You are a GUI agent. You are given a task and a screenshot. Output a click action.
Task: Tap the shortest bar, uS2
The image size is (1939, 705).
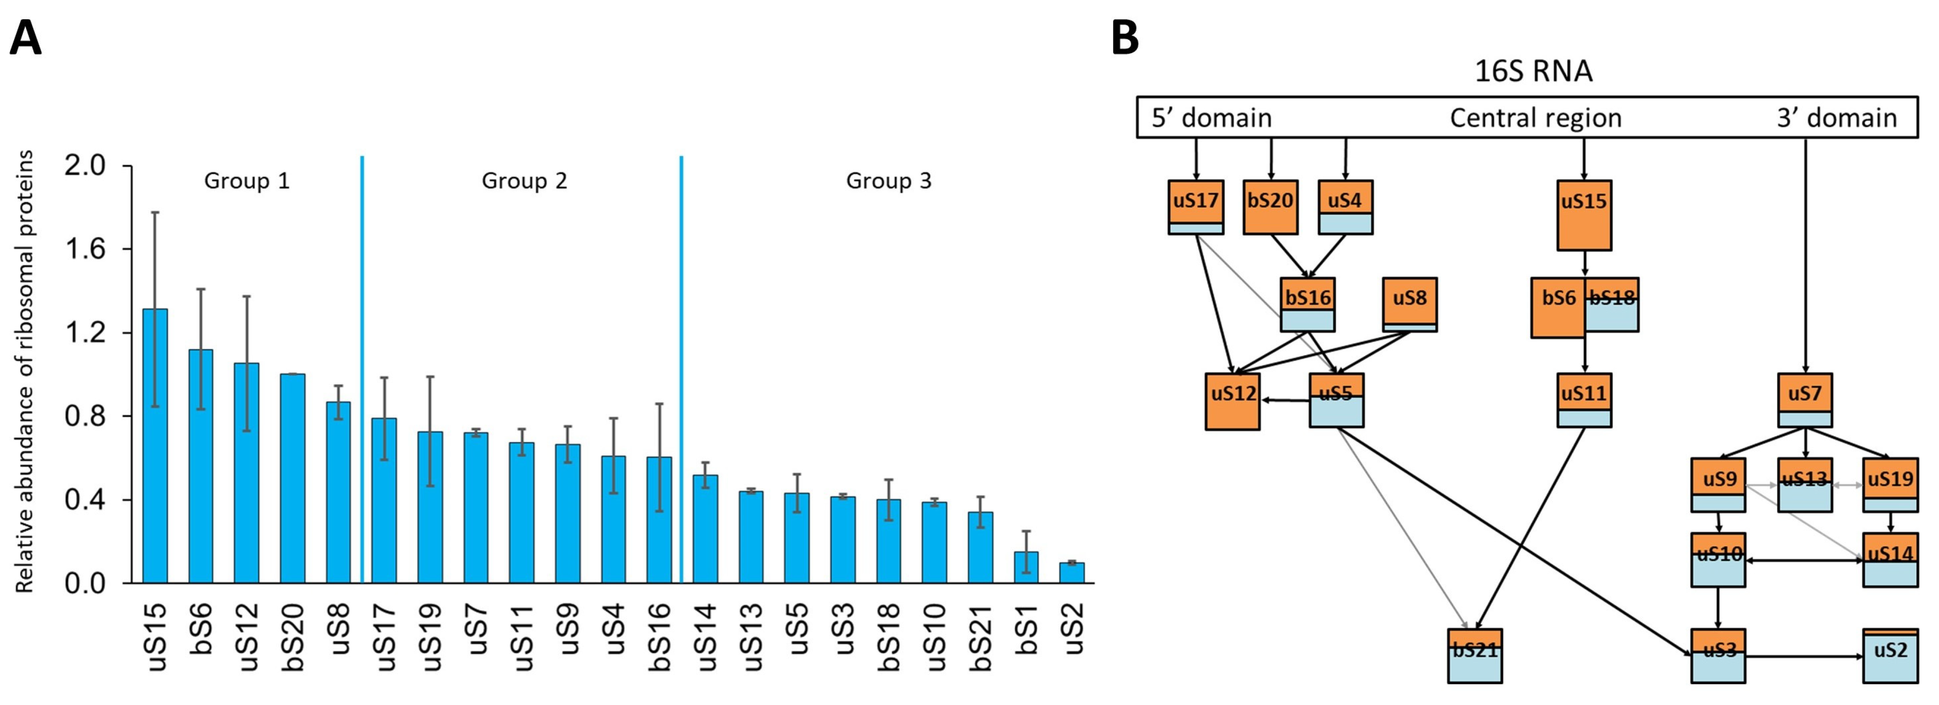pos(1072,573)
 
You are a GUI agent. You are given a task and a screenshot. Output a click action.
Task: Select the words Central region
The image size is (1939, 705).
pos(1535,118)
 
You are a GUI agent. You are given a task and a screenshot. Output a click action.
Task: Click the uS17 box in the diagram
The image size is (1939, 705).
pos(1196,207)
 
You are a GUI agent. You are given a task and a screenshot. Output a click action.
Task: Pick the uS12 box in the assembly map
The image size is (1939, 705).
pos(1232,402)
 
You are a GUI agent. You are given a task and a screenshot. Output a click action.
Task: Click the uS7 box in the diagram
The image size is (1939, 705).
pos(1805,400)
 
